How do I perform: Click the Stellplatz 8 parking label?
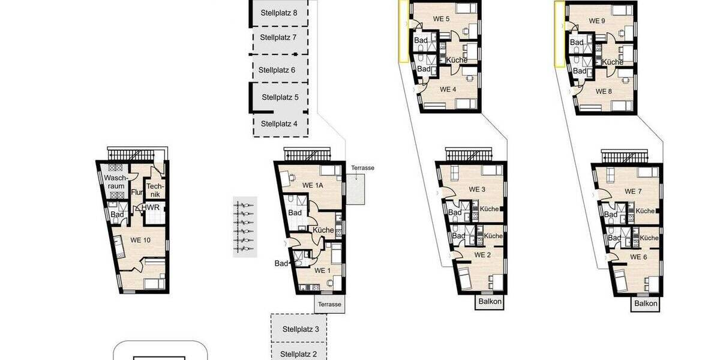[278, 13]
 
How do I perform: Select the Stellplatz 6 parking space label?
[277, 70]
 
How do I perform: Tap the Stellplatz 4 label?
[279, 124]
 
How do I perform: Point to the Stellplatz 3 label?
[301, 329]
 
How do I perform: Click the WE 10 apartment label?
[140, 240]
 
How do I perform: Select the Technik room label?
[155, 190]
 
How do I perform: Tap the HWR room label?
[151, 208]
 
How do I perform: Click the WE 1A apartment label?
[313, 185]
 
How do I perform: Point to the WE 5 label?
[442, 19]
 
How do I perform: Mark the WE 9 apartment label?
[597, 21]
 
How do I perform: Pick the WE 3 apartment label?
[477, 190]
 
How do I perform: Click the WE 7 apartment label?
[633, 191]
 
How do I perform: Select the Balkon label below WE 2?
[490, 301]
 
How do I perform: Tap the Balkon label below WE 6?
[646, 304]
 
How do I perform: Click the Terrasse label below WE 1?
[329, 304]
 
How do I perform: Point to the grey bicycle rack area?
[245, 227]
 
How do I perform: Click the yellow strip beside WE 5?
[403, 31]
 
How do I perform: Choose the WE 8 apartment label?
[604, 91]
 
